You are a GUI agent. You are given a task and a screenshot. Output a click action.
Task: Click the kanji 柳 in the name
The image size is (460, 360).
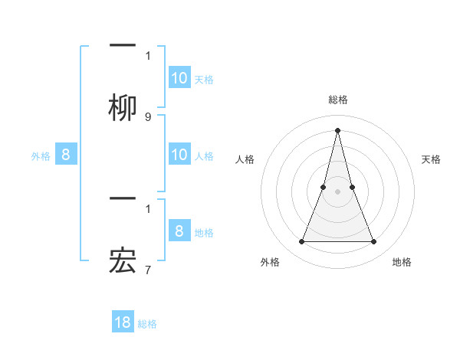coord(123,107)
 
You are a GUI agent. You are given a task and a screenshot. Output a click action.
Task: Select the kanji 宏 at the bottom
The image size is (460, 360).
coord(123,263)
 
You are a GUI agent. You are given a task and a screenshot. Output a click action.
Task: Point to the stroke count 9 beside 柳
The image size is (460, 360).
coord(148,117)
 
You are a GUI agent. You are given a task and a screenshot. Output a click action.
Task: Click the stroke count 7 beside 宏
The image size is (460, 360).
coord(148,270)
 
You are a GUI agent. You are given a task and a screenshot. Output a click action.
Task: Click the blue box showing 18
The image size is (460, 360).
coord(123,322)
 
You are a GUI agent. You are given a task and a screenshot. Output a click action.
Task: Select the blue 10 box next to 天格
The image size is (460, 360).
coord(179,78)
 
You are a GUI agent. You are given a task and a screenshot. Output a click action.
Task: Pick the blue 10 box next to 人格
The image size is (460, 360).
coord(179,155)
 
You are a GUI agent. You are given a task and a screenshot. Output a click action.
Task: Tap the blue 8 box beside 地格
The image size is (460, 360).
coord(179,232)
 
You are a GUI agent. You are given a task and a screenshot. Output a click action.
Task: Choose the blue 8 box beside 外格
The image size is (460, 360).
coord(66,155)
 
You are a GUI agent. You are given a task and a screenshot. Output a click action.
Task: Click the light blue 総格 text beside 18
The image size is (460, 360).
coord(147,324)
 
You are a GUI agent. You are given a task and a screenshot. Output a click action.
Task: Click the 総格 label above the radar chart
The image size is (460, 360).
coord(337,100)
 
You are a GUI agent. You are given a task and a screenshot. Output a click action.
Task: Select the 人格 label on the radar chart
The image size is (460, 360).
coord(245,159)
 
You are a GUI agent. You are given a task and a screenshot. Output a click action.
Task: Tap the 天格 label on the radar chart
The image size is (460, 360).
coord(431,159)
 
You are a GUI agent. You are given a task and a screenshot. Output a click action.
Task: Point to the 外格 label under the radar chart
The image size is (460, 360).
coord(270,262)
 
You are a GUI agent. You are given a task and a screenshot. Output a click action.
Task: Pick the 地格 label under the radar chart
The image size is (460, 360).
coord(402,262)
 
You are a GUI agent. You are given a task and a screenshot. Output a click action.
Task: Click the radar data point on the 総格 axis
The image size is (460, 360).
coord(337,129)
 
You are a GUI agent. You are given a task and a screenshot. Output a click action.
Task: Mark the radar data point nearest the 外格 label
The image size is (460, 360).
coord(301,242)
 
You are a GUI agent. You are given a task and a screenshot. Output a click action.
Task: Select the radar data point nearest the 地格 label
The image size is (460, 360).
coord(374,242)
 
